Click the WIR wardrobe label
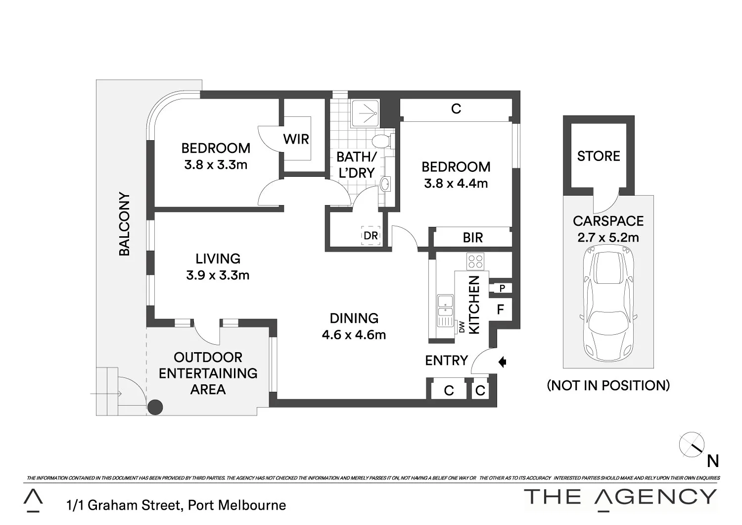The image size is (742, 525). [x=296, y=139]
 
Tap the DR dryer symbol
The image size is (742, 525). [x=371, y=236]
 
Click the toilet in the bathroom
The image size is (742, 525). [x=382, y=142]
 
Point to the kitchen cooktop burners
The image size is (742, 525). [x=475, y=261]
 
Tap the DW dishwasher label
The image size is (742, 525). [x=462, y=327]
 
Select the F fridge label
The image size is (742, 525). [x=500, y=310]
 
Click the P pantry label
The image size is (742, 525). [x=502, y=288]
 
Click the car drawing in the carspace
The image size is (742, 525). [x=608, y=305]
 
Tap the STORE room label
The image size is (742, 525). [x=599, y=156]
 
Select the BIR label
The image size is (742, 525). [x=472, y=238]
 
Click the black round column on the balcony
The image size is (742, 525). [x=155, y=407]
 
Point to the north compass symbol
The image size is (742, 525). [x=692, y=445]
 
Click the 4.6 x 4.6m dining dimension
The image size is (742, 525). [x=354, y=335]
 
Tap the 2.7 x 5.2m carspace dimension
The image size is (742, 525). [x=608, y=237]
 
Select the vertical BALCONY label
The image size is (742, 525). [x=124, y=224]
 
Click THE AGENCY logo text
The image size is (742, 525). [x=620, y=496]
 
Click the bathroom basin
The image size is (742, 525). [x=385, y=184]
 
